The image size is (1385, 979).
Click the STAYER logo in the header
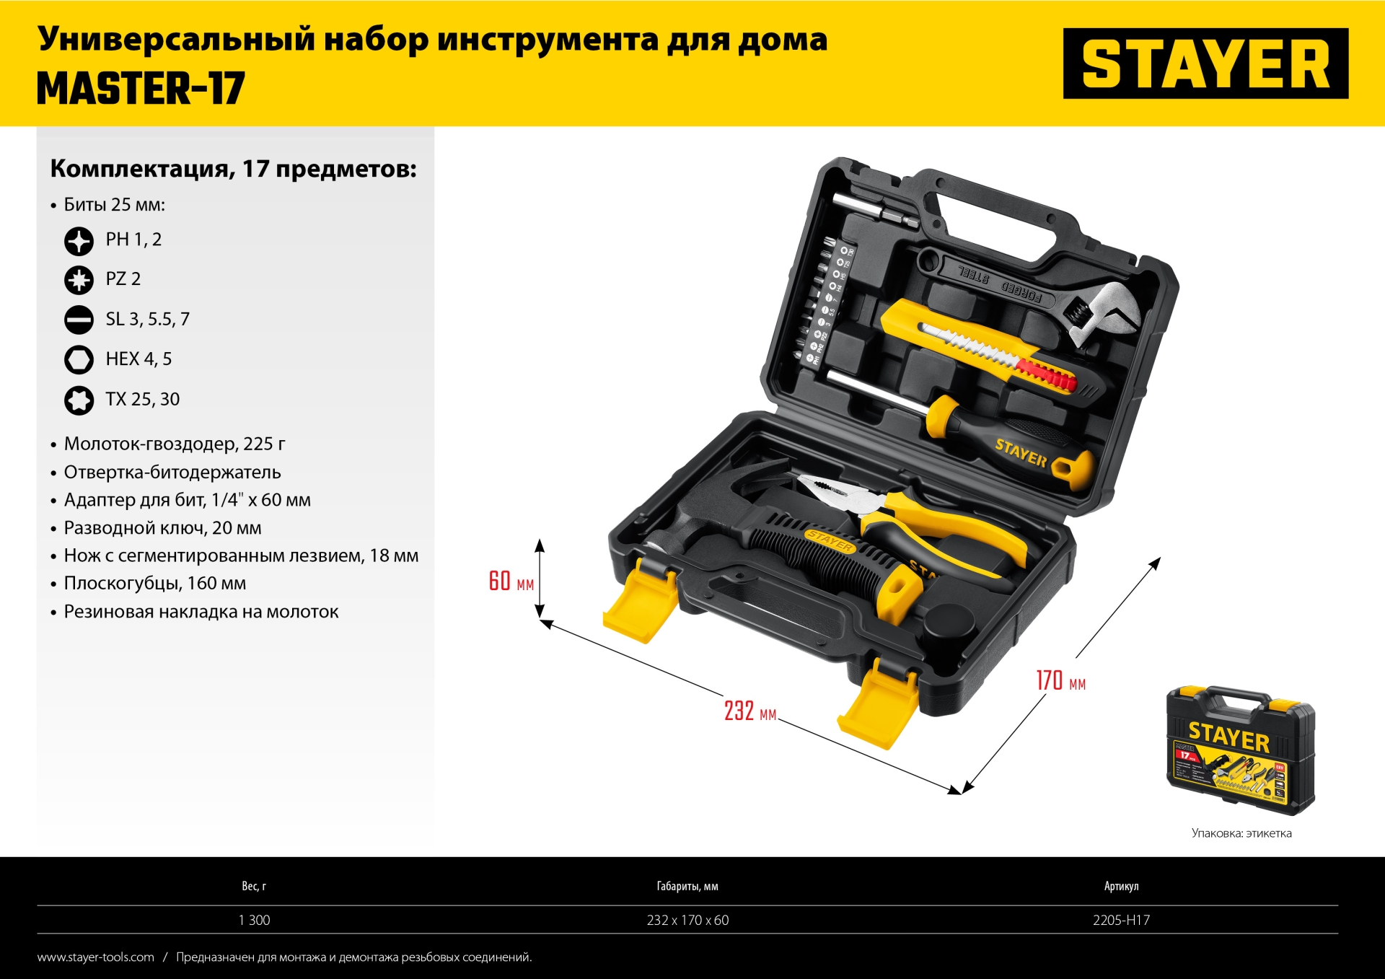point(1205,63)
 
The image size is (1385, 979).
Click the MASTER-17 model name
point(141,89)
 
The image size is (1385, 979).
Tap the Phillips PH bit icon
point(79,241)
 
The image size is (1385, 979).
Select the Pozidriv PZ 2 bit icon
point(79,280)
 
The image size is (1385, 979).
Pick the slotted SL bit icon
point(79,320)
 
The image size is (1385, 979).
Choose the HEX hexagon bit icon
point(79,359)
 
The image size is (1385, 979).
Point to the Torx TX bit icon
point(79,400)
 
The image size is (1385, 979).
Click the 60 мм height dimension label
point(511,581)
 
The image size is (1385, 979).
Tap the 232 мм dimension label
point(750,711)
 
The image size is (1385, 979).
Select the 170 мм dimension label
point(1060,680)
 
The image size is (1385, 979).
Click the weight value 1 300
point(254,920)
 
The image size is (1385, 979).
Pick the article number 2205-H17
point(1121,920)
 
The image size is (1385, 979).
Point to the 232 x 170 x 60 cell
point(687,920)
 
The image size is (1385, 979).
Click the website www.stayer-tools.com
point(96,957)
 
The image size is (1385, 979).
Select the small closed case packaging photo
point(1241,750)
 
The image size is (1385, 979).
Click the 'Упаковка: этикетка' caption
point(1241,833)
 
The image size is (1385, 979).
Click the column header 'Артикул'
point(1121,886)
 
